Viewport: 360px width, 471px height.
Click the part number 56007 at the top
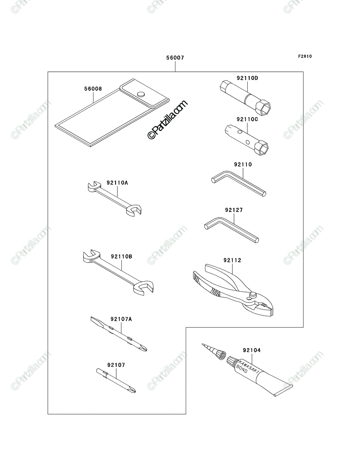(x=175, y=58)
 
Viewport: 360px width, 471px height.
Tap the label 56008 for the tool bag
(x=93, y=89)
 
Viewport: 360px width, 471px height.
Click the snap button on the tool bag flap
(x=141, y=94)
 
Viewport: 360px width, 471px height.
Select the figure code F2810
(x=305, y=57)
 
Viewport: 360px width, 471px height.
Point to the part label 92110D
(x=247, y=78)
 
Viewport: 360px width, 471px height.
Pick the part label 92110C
(x=247, y=119)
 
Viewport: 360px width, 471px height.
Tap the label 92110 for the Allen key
(x=243, y=164)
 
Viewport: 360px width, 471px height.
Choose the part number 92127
(x=234, y=210)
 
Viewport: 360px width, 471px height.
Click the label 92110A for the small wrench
(x=117, y=183)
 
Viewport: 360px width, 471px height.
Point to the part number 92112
(x=232, y=260)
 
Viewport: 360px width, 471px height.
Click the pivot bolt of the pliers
(x=253, y=295)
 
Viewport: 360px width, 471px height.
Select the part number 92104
(x=252, y=351)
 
